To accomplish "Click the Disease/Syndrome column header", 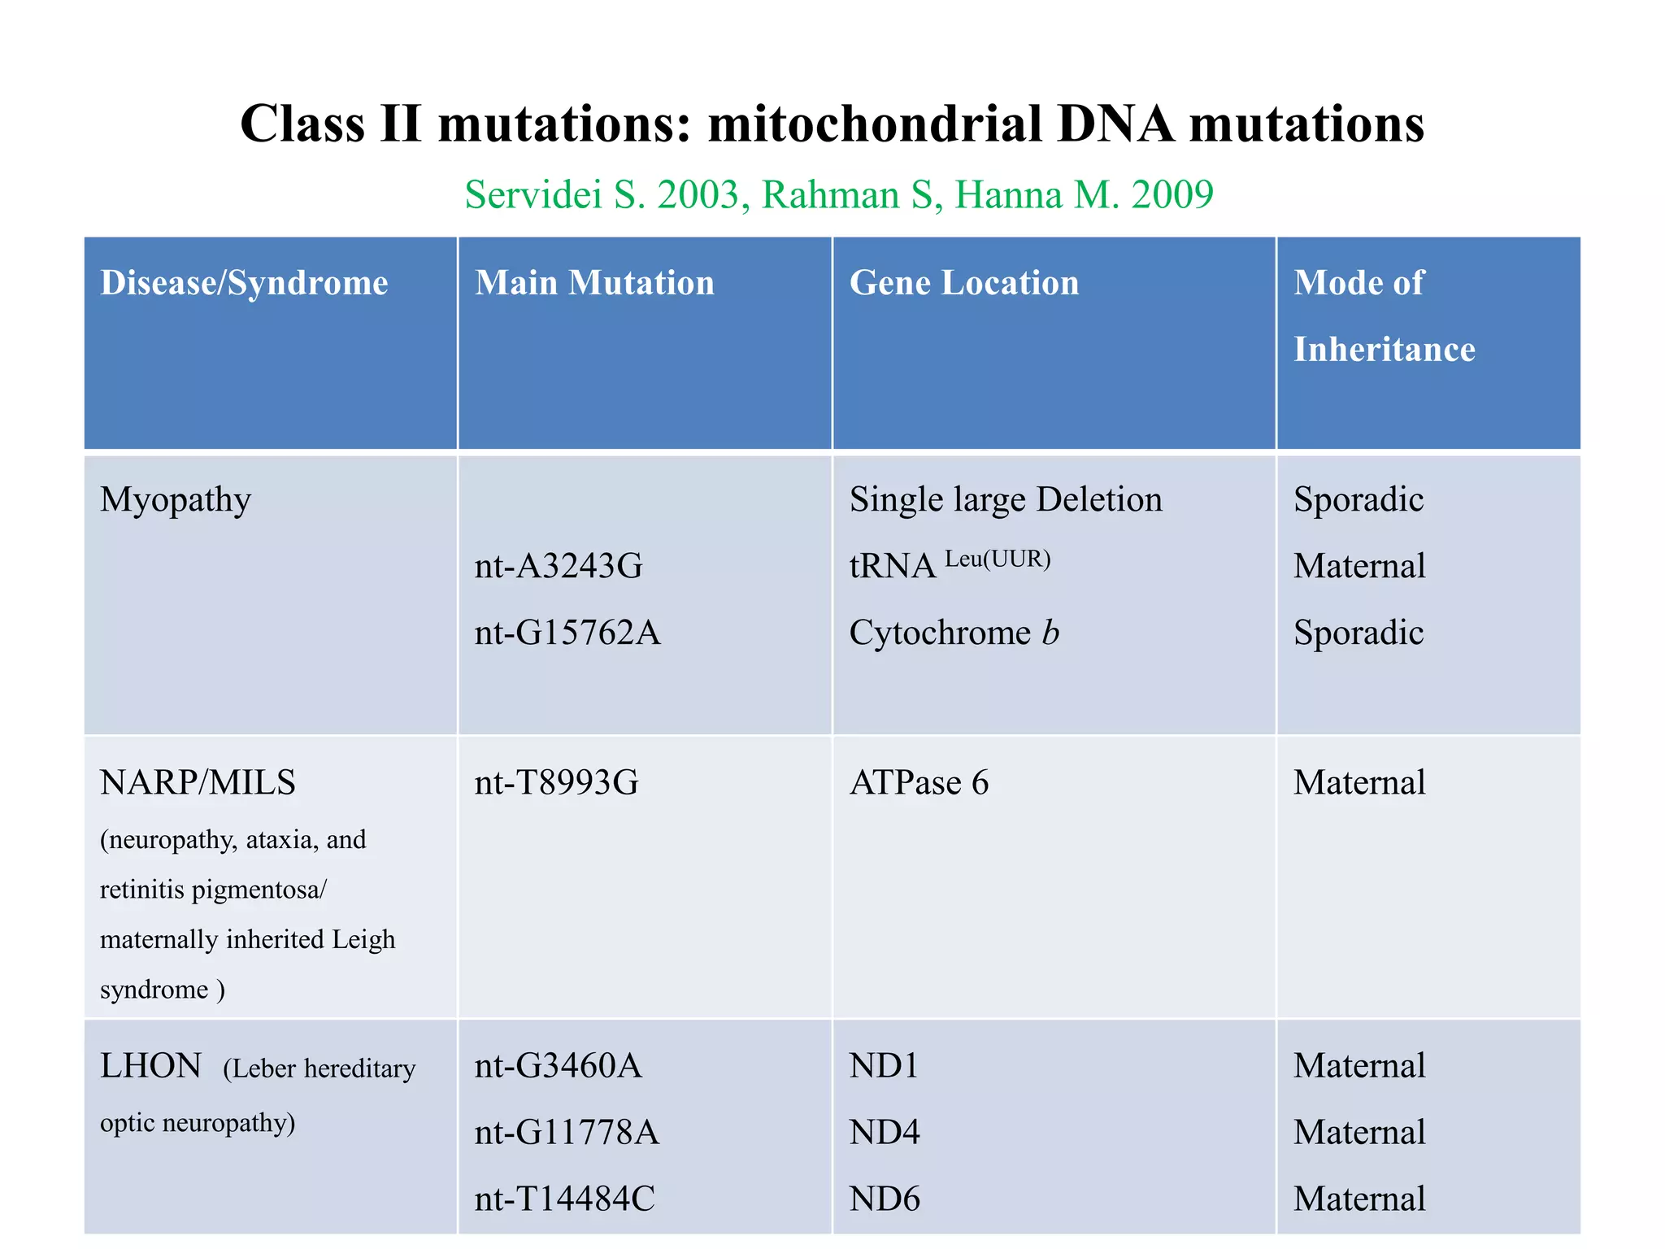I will click(x=244, y=283).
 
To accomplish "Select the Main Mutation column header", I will click(x=594, y=283).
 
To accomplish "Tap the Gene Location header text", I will click(x=964, y=283).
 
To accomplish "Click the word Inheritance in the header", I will click(x=1384, y=350).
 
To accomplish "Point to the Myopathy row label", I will click(x=175, y=499).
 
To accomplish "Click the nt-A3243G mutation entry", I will click(x=559, y=566).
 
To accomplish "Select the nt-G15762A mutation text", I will click(x=567, y=633).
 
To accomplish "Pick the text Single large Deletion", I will click(x=1006, y=499).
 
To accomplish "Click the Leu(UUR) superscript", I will click(x=998, y=559).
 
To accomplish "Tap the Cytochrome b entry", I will click(x=954, y=633).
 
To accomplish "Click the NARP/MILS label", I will click(x=198, y=782).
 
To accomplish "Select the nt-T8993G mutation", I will click(x=557, y=782).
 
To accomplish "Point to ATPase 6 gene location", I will click(x=919, y=782).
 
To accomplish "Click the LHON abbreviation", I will click(x=150, y=1065).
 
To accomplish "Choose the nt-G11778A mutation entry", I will click(x=567, y=1132).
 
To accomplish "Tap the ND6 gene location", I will click(x=884, y=1199).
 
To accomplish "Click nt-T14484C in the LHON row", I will click(x=564, y=1199).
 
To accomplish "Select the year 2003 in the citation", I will click(x=698, y=195).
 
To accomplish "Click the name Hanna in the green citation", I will click(x=1008, y=195).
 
